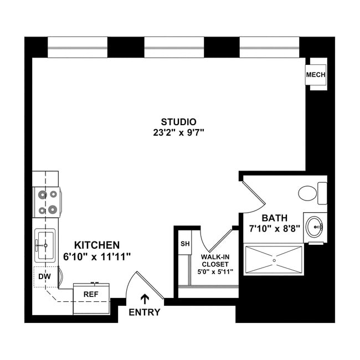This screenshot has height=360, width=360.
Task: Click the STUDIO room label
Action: tap(179, 122)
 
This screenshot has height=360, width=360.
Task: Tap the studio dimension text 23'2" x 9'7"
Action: tap(179, 133)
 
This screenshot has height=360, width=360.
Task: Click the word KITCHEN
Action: tap(97, 244)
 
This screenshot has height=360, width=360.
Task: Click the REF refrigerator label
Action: tap(90, 294)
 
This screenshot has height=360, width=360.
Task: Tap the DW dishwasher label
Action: tap(44, 276)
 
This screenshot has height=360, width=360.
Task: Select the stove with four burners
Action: tap(47, 202)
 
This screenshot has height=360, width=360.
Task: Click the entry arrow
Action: tap(145, 299)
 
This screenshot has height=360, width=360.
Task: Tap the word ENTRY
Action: tap(145, 312)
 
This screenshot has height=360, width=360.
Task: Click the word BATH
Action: tap(274, 218)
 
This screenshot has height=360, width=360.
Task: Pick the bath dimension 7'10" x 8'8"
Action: tap(274, 229)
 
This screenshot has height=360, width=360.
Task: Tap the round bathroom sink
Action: tap(316, 226)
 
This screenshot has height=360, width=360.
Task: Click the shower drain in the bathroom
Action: tap(274, 259)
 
